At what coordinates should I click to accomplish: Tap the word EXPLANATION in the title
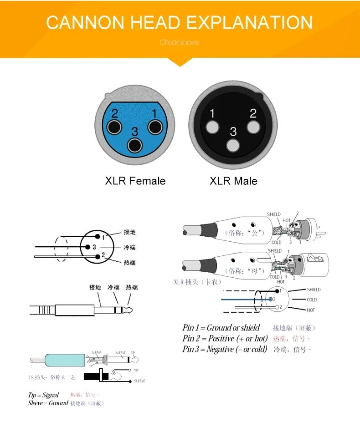pyautogui.click(x=250, y=23)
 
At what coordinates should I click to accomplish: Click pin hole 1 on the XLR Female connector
pyautogui.click(x=155, y=127)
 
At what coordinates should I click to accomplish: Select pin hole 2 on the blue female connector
pyautogui.click(x=114, y=127)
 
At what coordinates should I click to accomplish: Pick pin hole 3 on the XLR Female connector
pyautogui.click(x=134, y=146)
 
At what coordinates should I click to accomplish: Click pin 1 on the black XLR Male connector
pyautogui.click(x=212, y=127)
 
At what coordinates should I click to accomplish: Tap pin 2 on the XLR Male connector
pyautogui.click(x=253, y=127)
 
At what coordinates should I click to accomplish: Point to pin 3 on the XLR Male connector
pyautogui.click(x=233, y=146)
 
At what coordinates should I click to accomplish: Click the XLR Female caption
pyautogui.click(x=135, y=181)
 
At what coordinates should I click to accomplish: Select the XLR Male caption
pyautogui.click(x=233, y=181)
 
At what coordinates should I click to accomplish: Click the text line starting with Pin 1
pyautogui.click(x=221, y=328)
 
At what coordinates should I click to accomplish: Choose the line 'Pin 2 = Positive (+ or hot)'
pyautogui.click(x=225, y=338)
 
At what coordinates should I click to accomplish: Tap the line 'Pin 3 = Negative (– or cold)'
pyautogui.click(x=225, y=349)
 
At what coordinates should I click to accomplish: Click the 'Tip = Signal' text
pyautogui.click(x=43, y=395)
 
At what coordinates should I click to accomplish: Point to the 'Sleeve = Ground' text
pyautogui.click(x=48, y=403)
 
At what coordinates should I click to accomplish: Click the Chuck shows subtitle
pyautogui.click(x=180, y=42)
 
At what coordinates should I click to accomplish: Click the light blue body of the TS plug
pyautogui.click(x=64, y=361)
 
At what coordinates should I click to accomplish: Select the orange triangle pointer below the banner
pyautogui.click(x=180, y=62)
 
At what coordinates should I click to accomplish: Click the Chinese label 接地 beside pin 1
pyautogui.click(x=129, y=232)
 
